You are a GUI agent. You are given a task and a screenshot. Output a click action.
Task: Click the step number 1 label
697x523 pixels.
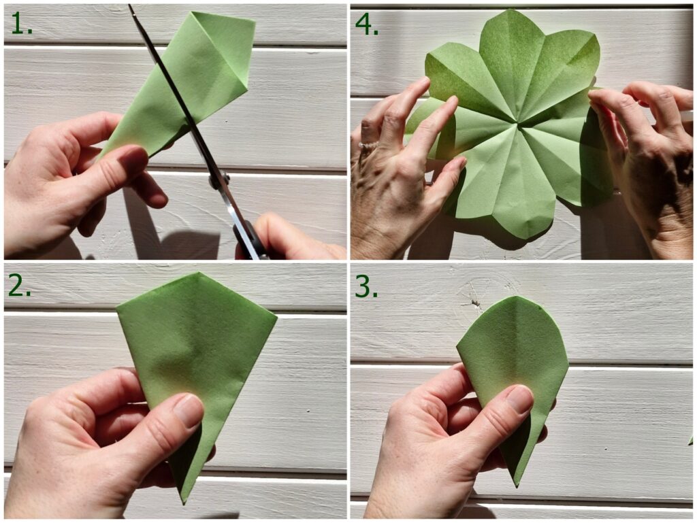(21, 24)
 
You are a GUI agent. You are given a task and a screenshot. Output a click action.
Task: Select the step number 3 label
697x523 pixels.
(366, 287)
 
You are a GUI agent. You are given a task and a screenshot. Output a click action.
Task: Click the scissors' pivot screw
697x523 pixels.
(219, 181)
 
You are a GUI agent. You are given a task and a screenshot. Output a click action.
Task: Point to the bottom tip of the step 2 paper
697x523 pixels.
(184, 503)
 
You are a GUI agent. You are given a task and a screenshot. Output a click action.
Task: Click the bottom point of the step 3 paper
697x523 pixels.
(516, 486)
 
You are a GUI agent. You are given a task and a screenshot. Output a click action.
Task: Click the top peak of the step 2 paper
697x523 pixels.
(198, 273)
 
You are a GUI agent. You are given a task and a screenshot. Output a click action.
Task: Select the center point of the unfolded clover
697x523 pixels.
(518, 123)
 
